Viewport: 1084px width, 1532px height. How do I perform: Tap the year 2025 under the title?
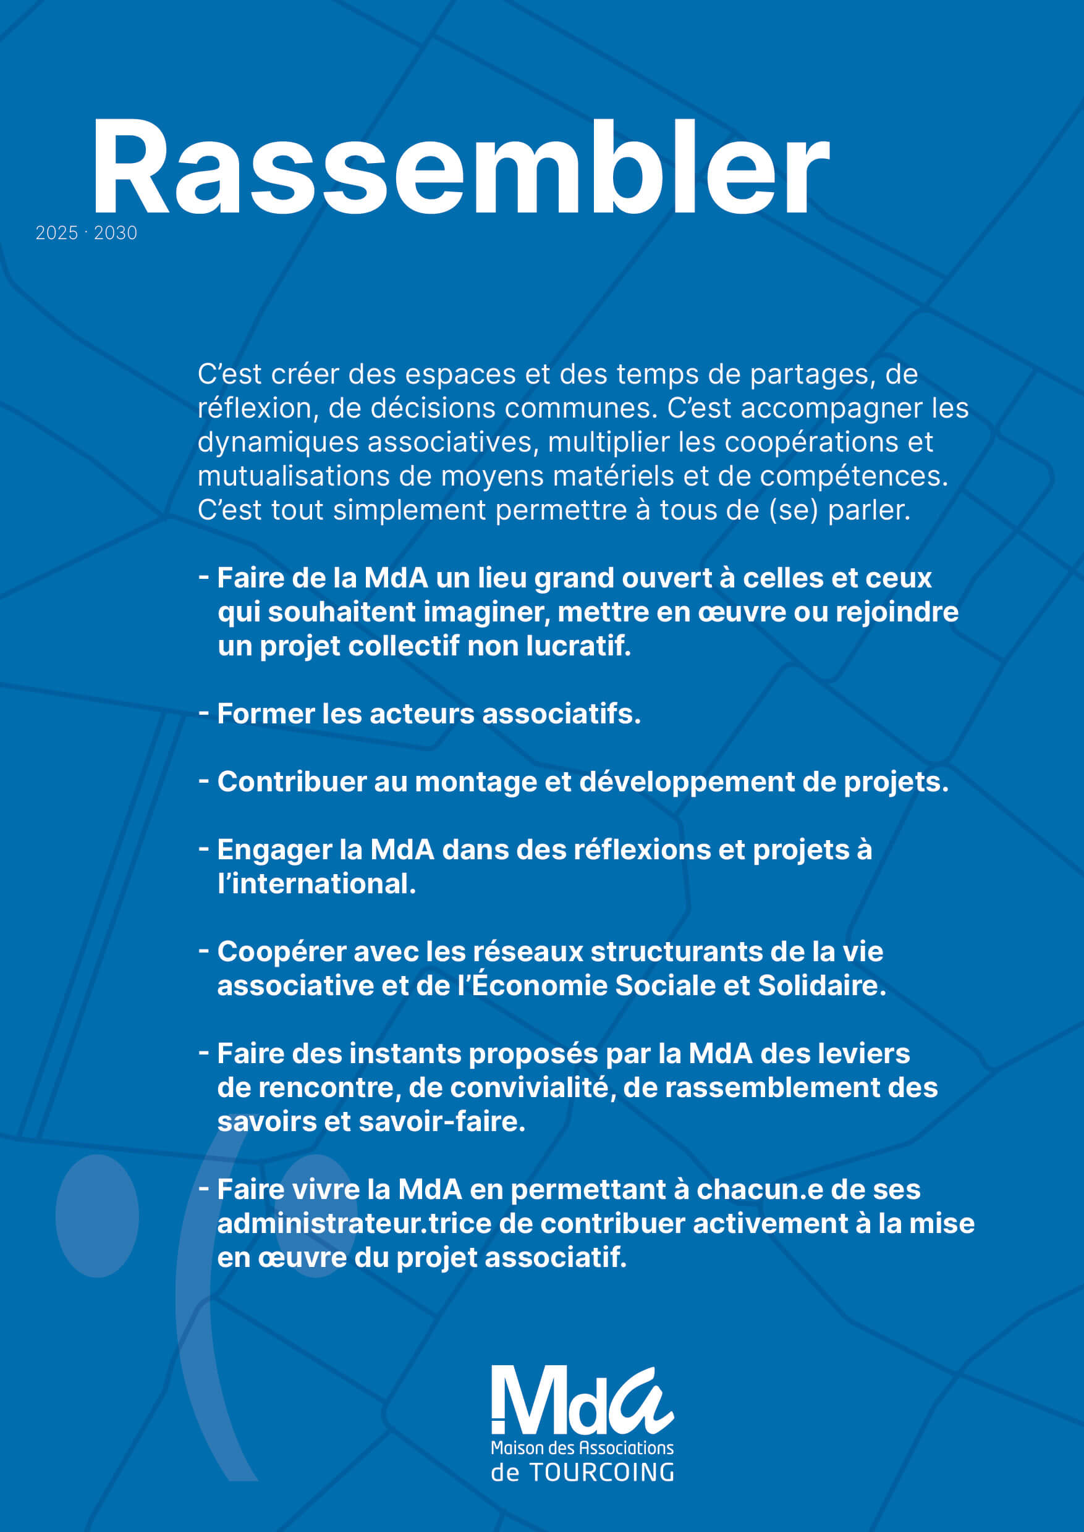pyautogui.click(x=57, y=233)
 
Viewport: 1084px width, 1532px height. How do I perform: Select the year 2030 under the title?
pyautogui.click(x=116, y=233)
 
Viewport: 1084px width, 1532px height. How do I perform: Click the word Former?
pyautogui.click(x=266, y=714)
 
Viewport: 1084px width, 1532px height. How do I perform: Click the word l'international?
pyautogui.click(x=316, y=884)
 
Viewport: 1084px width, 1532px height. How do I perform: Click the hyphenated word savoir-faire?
pyautogui.click(x=442, y=1122)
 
